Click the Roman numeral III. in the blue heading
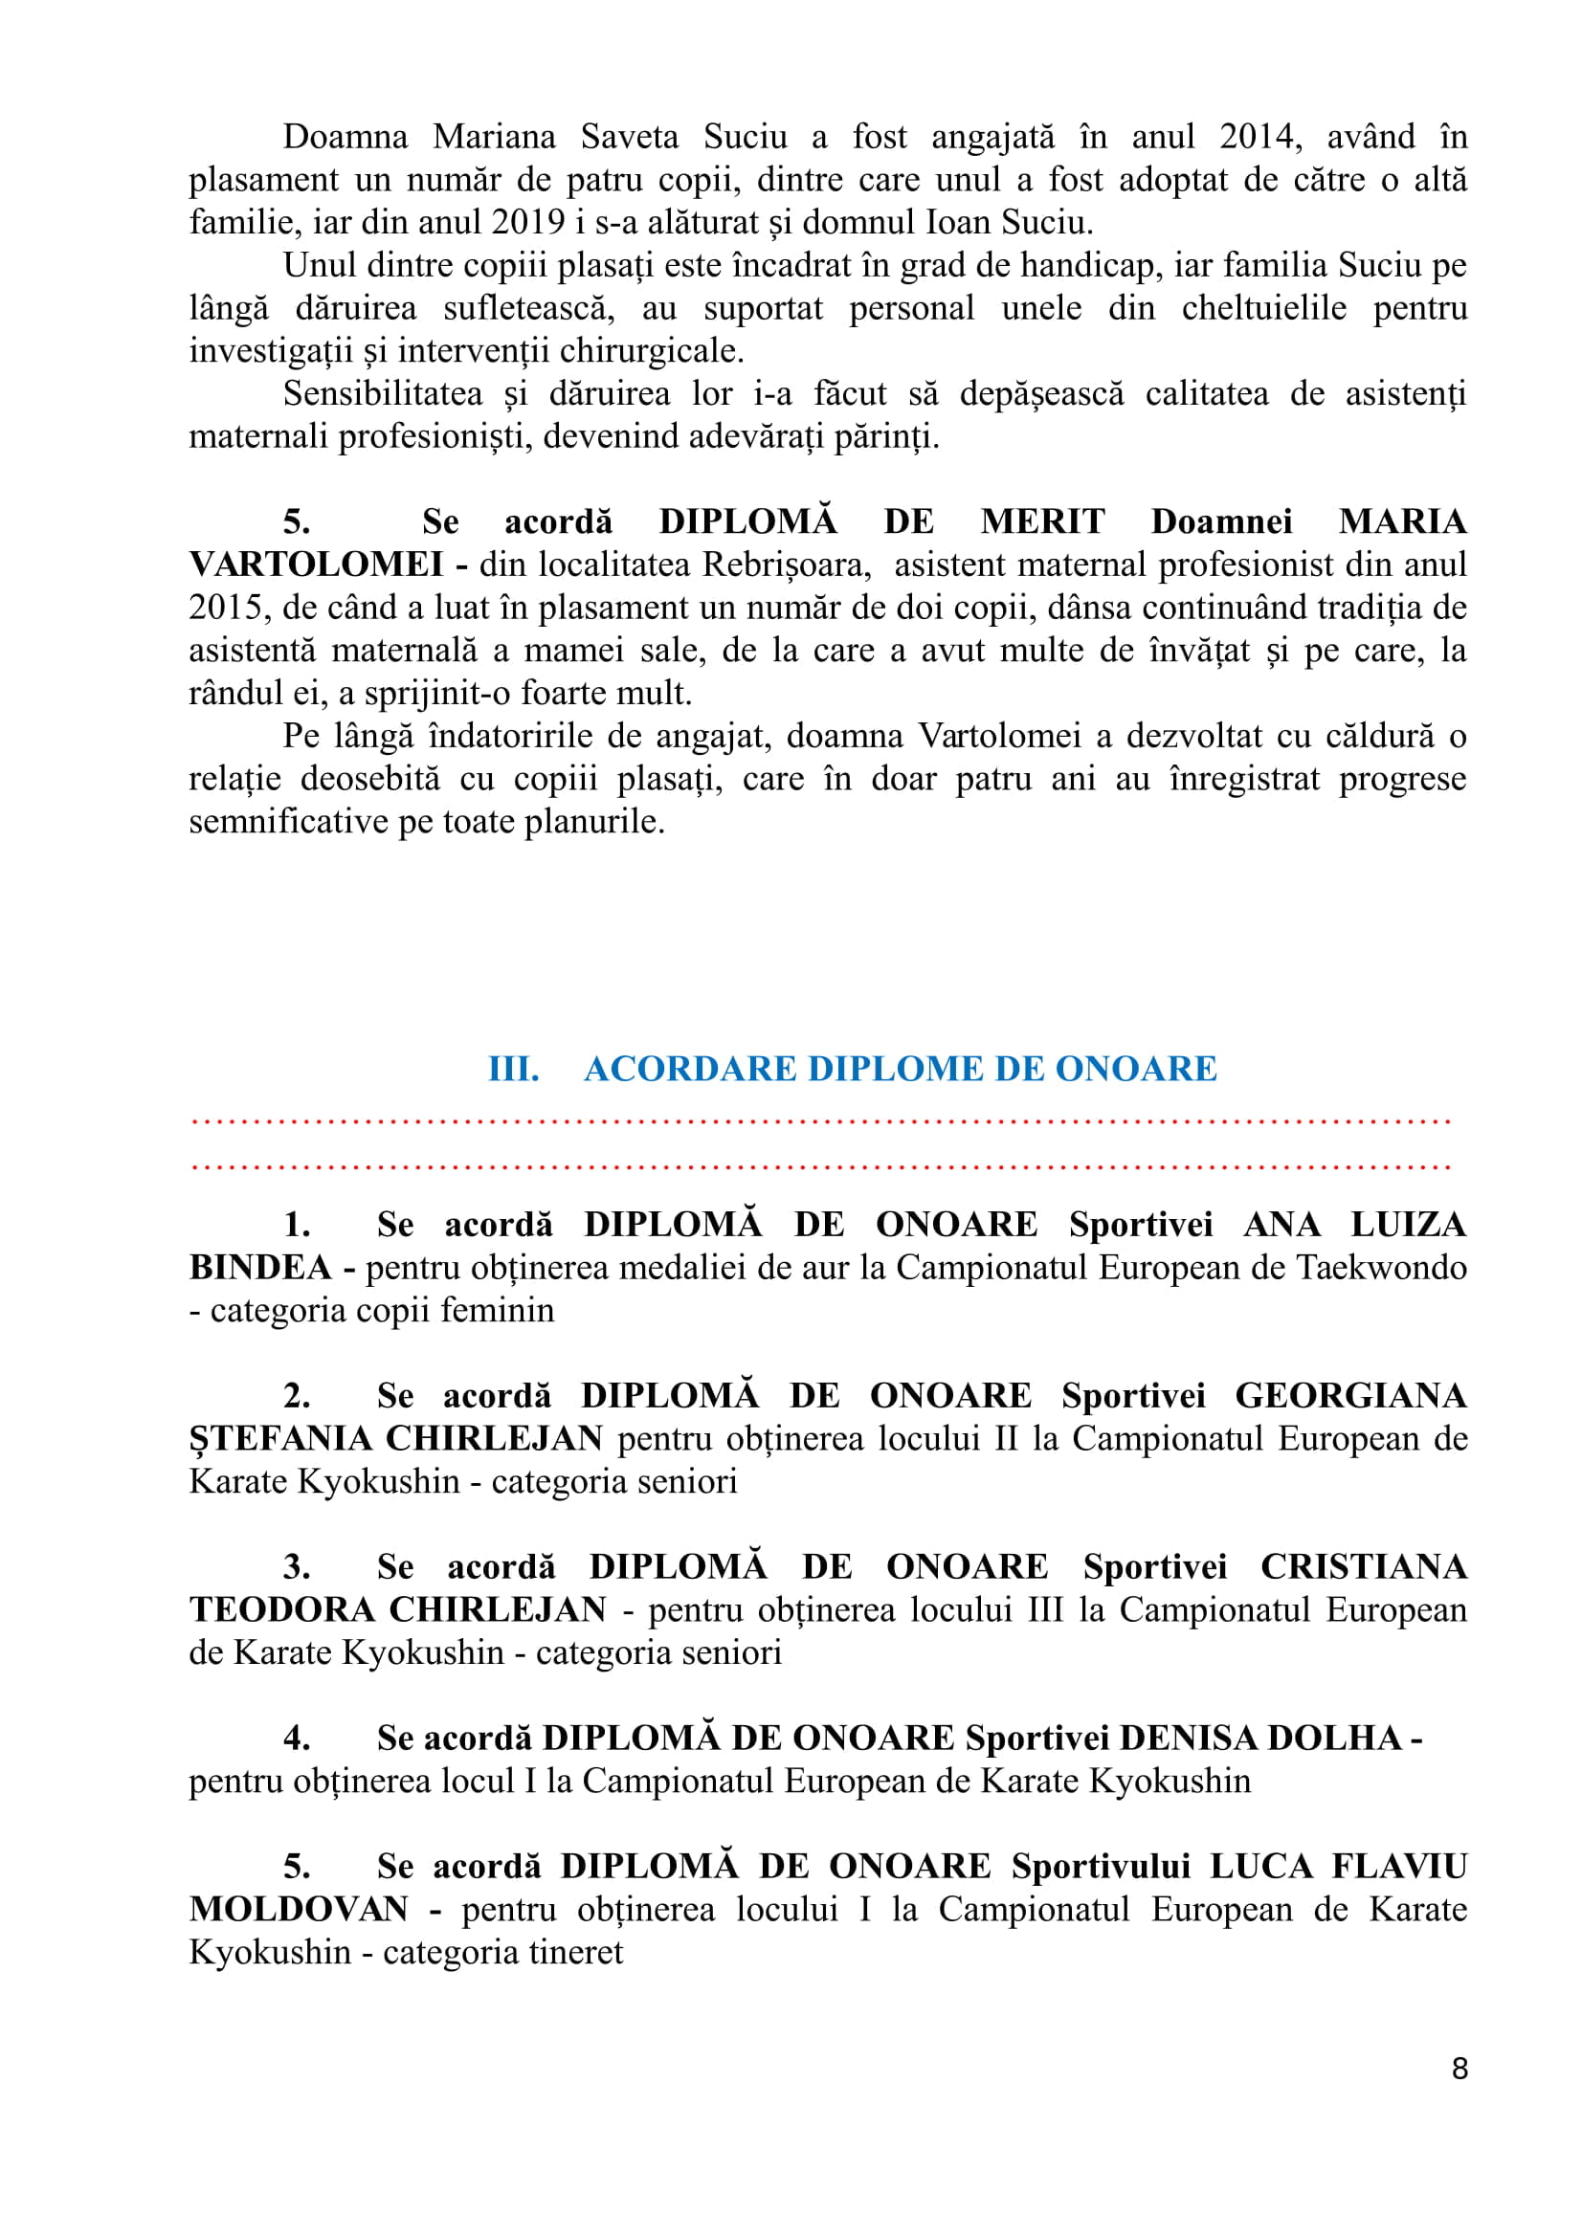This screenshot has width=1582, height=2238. coord(514,1070)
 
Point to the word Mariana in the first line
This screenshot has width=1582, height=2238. coord(494,137)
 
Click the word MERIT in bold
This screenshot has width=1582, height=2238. coord(1042,521)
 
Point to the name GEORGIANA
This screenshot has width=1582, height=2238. coord(1350,1396)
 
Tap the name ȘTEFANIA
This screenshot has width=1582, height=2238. coord(280,1439)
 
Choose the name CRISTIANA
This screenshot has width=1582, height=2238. coord(1363,1567)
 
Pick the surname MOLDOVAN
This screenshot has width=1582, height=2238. coord(300,1910)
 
